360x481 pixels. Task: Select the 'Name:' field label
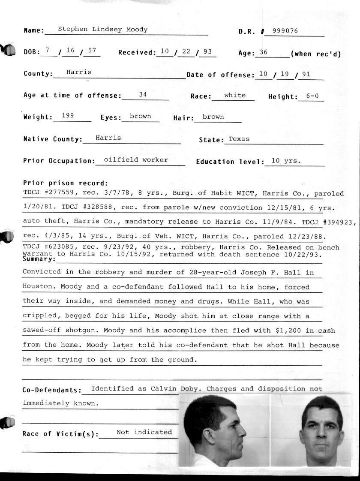(x=34, y=31)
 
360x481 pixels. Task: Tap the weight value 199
(x=68, y=115)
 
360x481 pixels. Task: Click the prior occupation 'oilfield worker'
(x=136, y=159)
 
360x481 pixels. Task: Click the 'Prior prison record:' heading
(x=66, y=183)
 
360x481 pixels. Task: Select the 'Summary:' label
(x=39, y=259)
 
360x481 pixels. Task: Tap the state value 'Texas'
(x=239, y=139)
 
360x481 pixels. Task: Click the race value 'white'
(x=235, y=95)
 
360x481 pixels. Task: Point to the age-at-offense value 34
(x=143, y=94)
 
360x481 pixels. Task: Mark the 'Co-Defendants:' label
(x=52, y=391)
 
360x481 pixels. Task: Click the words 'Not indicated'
(x=144, y=432)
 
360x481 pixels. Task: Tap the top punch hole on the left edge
(x=8, y=50)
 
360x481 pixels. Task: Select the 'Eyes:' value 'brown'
(x=140, y=116)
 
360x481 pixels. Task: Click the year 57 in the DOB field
(x=92, y=50)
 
